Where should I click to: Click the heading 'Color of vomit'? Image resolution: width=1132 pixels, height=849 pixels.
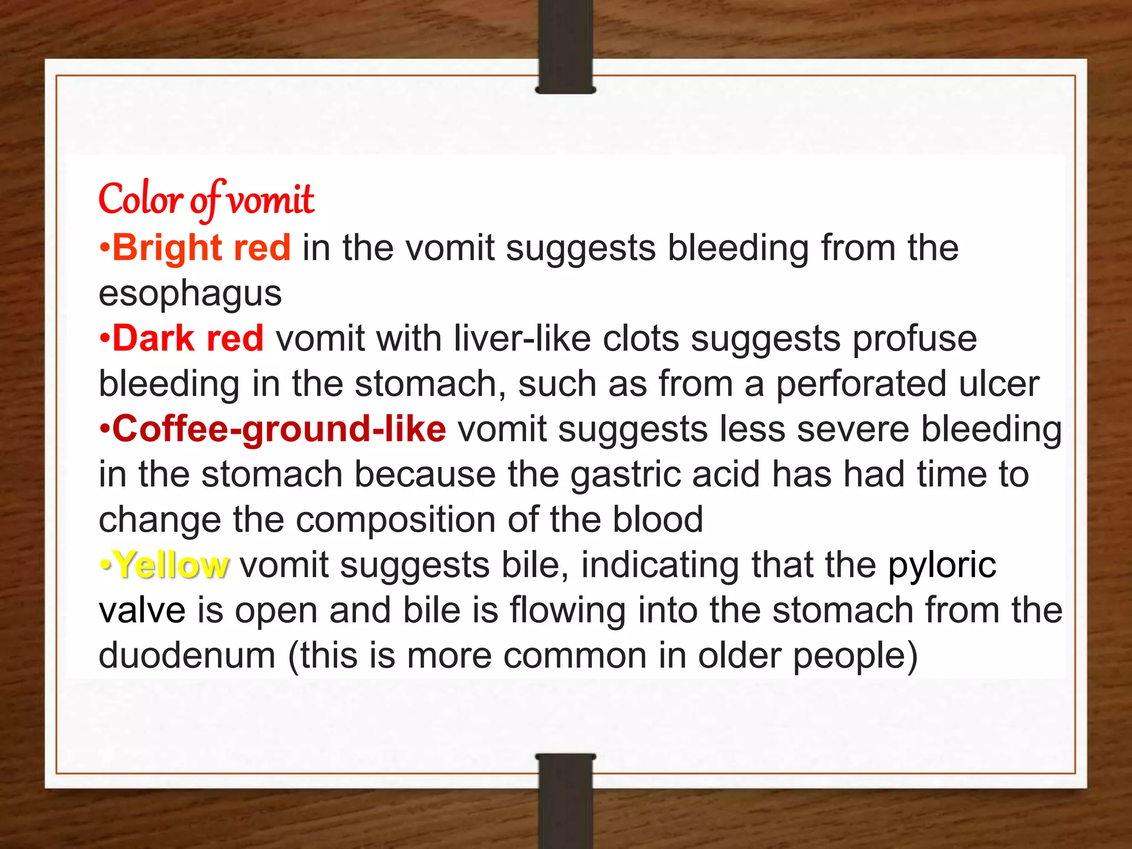tap(206, 200)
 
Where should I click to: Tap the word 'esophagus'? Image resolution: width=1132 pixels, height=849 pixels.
tap(190, 293)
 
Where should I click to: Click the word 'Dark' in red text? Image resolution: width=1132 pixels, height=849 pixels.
tap(153, 338)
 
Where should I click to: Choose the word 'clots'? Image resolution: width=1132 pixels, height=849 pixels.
tap(641, 338)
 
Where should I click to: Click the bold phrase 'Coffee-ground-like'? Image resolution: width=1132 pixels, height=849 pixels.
tap(279, 429)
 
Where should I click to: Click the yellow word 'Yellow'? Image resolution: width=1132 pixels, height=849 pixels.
tap(171, 565)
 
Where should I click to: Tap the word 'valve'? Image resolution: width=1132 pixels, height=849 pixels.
tap(142, 611)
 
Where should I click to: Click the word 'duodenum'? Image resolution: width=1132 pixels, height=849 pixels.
tap(187, 656)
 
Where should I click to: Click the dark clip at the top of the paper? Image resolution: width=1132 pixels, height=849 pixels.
tap(565, 47)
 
